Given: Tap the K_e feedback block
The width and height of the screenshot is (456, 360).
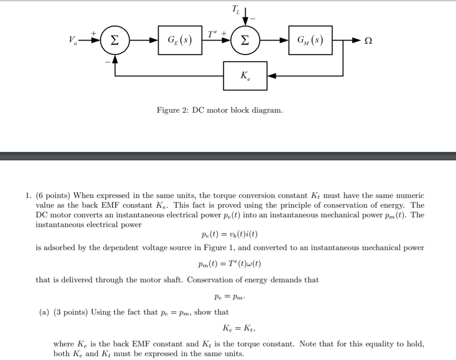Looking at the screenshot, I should [x=245, y=76].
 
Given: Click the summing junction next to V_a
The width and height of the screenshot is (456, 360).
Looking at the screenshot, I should [x=115, y=41].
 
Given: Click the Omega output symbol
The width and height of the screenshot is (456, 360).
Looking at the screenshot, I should [x=368, y=41].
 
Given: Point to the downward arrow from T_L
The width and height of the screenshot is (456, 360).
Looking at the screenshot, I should [x=246, y=18].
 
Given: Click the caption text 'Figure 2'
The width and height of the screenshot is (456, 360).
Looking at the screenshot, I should [x=173, y=110].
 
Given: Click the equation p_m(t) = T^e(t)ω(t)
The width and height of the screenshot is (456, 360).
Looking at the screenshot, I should [x=229, y=264].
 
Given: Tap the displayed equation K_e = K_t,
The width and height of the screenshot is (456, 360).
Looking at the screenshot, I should [x=239, y=328].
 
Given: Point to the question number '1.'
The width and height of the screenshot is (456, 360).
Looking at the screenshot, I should [x=28, y=196].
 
